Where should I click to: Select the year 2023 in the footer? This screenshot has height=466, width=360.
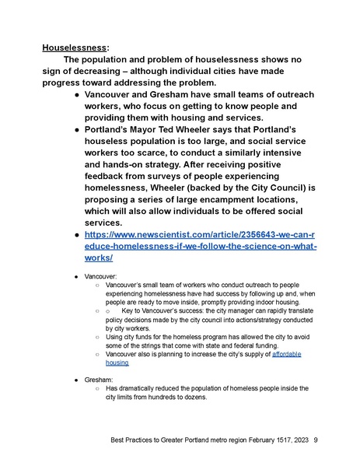pos(297,440)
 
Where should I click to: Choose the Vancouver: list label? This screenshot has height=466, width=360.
pos(103,276)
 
